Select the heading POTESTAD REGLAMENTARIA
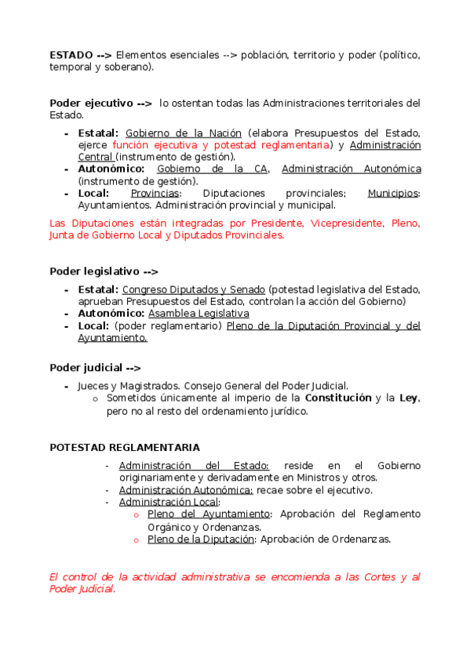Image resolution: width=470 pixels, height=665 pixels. click(x=125, y=448)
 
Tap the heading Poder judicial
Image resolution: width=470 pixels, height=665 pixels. click(x=86, y=368)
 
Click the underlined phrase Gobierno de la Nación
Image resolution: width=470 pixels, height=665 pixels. click(x=184, y=133)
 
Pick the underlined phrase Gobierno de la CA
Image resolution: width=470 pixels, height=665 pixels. click(x=213, y=169)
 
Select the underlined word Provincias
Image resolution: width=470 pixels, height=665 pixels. click(x=155, y=194)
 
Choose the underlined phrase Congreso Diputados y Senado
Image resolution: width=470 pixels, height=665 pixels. click(x=194, y=290)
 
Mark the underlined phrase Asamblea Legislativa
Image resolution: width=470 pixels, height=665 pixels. click(x=199, y=314)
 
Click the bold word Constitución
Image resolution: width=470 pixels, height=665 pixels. click(x=337, y=398)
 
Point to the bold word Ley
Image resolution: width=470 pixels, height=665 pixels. click(x=408, y=398)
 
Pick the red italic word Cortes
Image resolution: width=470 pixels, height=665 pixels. click(x=381, y=578)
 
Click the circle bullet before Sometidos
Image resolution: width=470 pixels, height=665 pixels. click(x=95, y=399)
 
